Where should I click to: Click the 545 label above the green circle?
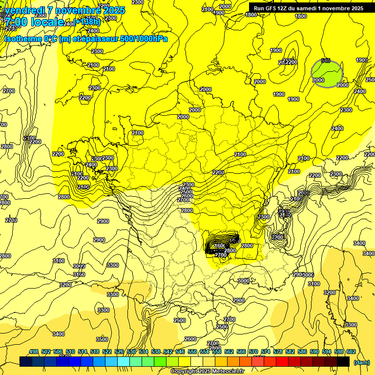coord(326,61)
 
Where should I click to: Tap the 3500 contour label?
coord(102,339)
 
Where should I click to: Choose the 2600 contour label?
coord(190,339)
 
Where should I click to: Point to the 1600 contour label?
coord(220,246)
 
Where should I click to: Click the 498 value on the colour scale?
coord(34,352)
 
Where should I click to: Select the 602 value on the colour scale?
coord(351,352)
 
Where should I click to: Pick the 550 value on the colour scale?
coord(192,352)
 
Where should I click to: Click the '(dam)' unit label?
coord(361,362)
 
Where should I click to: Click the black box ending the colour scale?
coord(343,361)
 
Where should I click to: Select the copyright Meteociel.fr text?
coord(207,371)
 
